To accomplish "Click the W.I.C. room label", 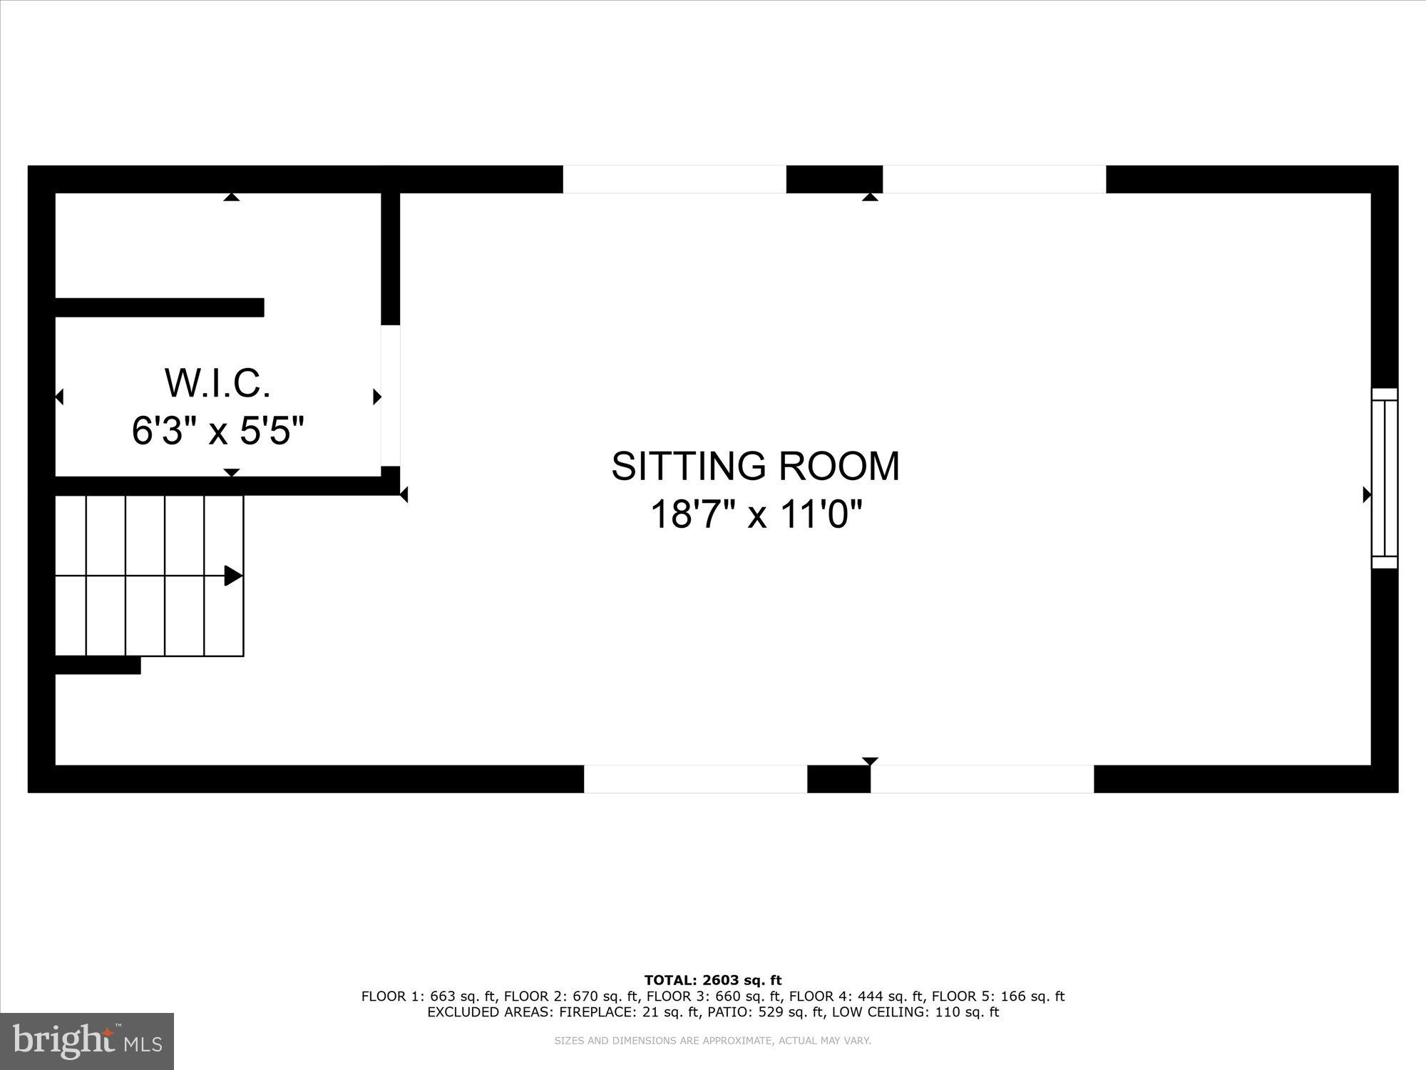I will point(217,383).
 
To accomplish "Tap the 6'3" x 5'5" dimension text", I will point(217,431).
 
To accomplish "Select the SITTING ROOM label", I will point(755,466).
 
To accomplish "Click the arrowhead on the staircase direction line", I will point(233,576).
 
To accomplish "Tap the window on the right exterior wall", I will point(1385,478).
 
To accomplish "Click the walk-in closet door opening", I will point(390,396).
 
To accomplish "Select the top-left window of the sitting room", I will point(674,179).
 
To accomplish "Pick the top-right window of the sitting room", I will point(994,179).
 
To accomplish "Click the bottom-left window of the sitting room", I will point(695,779).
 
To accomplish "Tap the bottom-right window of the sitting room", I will point(982,779).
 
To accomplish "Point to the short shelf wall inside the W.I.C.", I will point(160,307).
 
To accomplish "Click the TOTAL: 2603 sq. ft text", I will point(713,980).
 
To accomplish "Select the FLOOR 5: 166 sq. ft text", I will point(998,997).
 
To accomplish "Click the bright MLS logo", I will point(87,1041).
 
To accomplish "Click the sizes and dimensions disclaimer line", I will point(713,1041).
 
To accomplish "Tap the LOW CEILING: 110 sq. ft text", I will point(915,1012).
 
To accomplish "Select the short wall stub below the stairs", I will point(98,666).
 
